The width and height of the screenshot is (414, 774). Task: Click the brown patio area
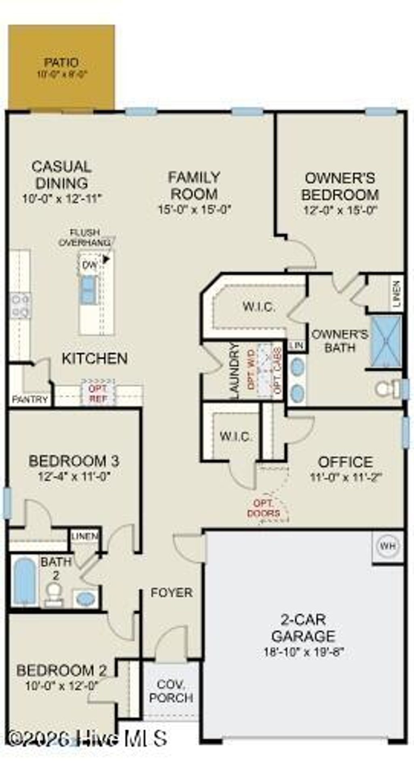[61, 67]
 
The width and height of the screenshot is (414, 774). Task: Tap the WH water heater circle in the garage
[387, 546]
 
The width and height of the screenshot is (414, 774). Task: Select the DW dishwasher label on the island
[89, 265]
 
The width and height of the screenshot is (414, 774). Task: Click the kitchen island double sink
[88, 290]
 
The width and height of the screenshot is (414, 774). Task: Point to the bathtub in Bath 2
[24, 582]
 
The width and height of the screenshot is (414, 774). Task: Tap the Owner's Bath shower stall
[386, 342]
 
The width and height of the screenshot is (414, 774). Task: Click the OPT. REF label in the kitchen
[98, 393]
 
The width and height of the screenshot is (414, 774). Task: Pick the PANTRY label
[30, 400]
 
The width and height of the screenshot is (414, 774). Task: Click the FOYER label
[171, 593]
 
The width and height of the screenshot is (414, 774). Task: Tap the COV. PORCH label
[171, 691]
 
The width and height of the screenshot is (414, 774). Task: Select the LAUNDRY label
[234, 371]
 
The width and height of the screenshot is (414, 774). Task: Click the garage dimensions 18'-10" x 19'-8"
[303, 652]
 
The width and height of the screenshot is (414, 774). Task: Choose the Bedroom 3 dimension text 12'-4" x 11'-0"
[74, 476]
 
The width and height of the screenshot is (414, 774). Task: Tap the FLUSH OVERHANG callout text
[84, 238]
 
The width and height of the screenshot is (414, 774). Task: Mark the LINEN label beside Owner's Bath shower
[397, 294]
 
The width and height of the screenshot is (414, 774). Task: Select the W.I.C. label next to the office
[236, 436]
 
